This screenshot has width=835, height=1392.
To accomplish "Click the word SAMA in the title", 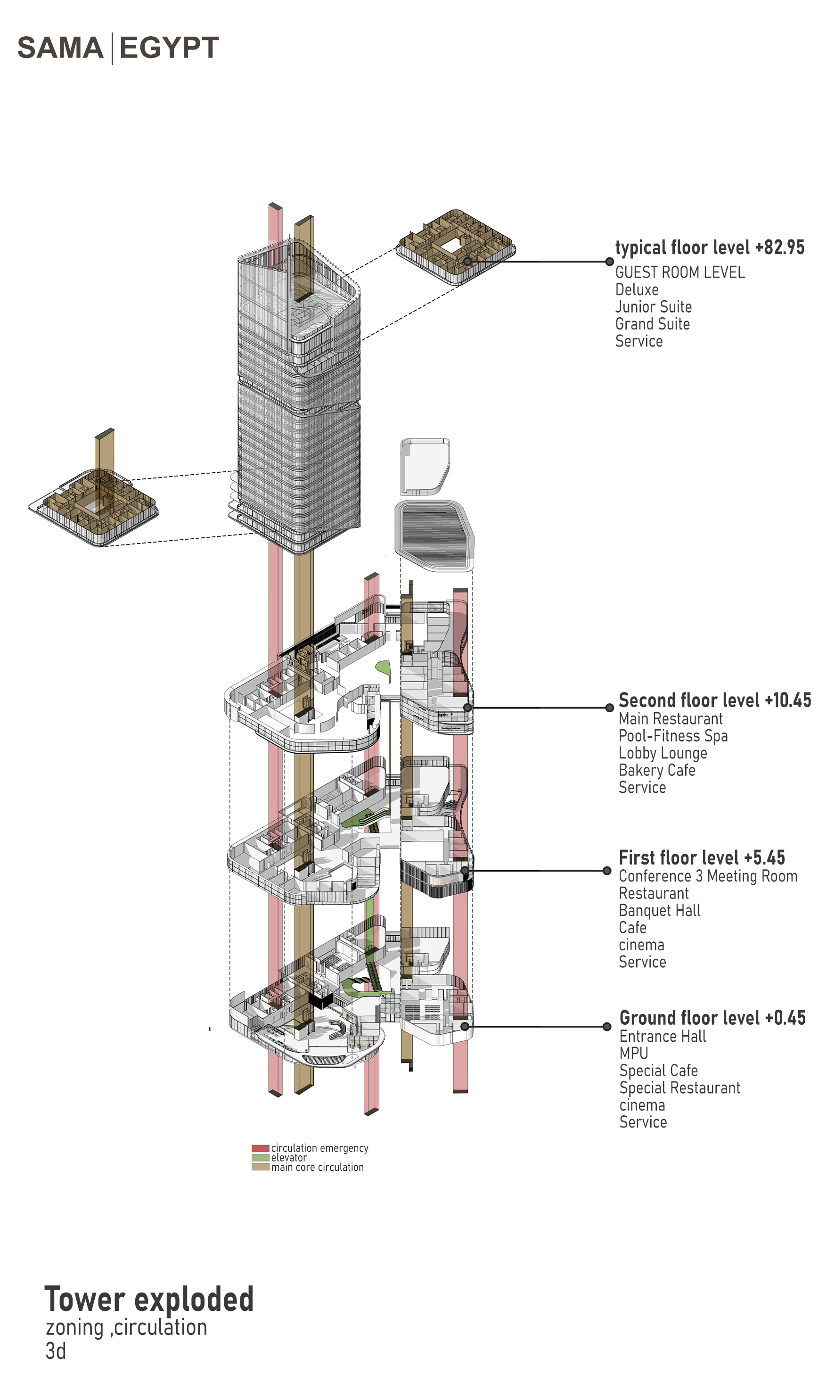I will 60,48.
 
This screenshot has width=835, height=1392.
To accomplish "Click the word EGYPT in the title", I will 169,48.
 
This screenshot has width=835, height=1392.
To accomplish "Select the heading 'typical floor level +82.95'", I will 709,247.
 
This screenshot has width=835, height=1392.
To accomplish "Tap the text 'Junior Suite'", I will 653,307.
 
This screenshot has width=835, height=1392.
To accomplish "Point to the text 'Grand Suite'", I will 652,324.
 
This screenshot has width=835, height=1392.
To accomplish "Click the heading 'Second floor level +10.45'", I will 714,700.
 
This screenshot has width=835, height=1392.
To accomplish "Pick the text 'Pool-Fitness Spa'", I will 673,736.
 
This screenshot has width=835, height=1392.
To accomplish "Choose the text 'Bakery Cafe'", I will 656,770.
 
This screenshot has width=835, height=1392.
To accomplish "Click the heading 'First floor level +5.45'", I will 702,858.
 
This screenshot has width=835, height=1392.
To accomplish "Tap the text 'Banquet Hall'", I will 659,910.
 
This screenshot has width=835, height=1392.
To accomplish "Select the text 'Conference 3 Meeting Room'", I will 708,876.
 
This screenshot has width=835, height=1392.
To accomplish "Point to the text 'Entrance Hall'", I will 662,1036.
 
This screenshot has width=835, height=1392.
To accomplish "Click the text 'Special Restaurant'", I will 679,1087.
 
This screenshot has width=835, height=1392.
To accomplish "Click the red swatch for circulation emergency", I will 260,1148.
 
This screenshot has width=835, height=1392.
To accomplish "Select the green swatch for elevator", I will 260,1157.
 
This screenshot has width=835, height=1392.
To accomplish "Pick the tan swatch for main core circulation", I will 260,1167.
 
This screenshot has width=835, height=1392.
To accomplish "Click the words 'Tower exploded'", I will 148,1299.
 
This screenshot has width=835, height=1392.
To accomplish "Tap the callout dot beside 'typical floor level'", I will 609,262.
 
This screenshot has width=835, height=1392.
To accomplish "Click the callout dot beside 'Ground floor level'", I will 606,1027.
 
